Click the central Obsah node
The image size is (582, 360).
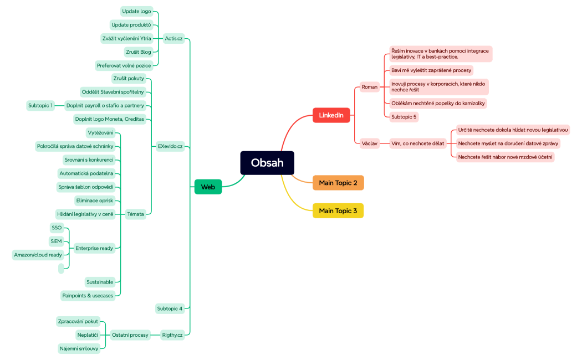(x=267, y=163)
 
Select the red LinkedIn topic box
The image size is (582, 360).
(x=331, y=115)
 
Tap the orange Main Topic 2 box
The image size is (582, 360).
(x=338, y=183)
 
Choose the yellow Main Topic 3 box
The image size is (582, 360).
(x=338, y=211)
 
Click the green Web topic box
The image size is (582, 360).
(x=208, y=187)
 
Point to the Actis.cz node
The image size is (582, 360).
(x=173, y=38)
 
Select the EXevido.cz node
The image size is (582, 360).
(x=170, y=147)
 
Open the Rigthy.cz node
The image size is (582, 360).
(x=172, y=335)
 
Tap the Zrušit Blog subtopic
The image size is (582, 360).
(x=138, y=52)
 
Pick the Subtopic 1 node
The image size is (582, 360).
(x=40, y=105)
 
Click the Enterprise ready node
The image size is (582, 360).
(x=94, y=248)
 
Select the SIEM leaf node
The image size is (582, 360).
(x=56, y=241)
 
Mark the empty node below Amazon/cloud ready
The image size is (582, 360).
(x=61, y=269)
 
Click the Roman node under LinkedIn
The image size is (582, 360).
(x=369, y=87)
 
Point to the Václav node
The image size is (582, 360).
(x=369, y=143)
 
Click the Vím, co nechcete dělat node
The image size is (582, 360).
(x=417, y=143)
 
